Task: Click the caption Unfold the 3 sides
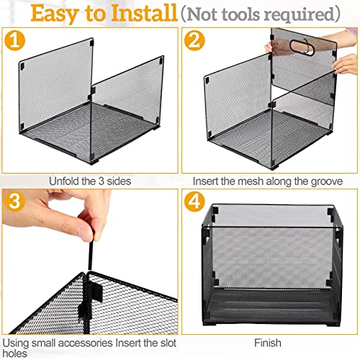pos(89,180)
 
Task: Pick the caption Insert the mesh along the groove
pos(270,180)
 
